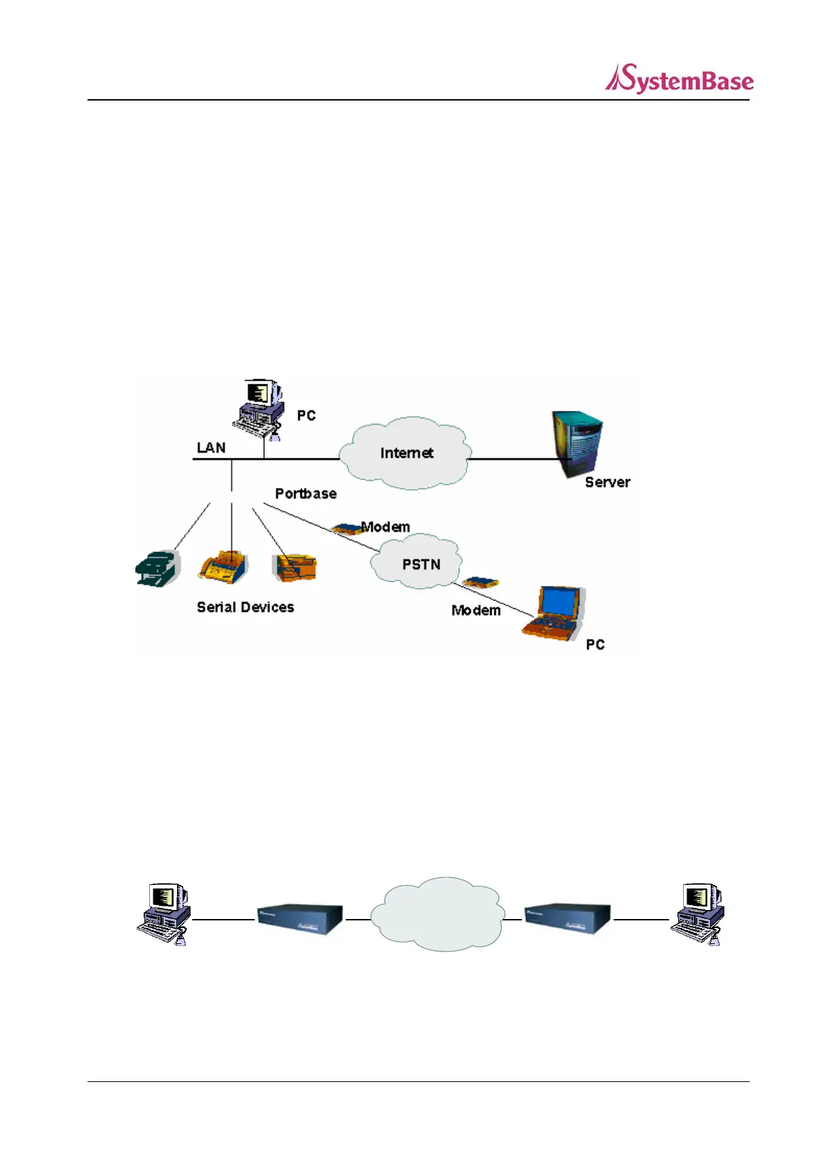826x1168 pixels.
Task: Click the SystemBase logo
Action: [679, 79]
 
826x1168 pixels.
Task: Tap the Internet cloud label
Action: [407, 453]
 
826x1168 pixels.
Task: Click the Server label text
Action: [607, 482]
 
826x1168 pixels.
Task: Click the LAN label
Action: [211, 447]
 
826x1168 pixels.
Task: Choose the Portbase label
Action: [305, 493]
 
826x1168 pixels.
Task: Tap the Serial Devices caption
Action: [245, 607]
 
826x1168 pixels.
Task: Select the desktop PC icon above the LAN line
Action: [258, 409]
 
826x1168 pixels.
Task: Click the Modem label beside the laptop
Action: [475, 610]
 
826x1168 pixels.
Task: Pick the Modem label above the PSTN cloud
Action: [386, 526]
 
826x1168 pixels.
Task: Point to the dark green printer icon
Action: [157, 569]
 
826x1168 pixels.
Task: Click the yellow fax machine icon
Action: [223, 567]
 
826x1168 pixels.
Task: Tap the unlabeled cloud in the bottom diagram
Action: [437, 914]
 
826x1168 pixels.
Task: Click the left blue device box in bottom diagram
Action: [300, 920]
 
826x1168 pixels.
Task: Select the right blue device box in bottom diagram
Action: [567, 920]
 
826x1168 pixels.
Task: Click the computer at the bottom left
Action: [163, 914]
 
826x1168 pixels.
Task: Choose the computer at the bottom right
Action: [697, 914]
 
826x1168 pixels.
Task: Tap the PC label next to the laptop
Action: [595, 644]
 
